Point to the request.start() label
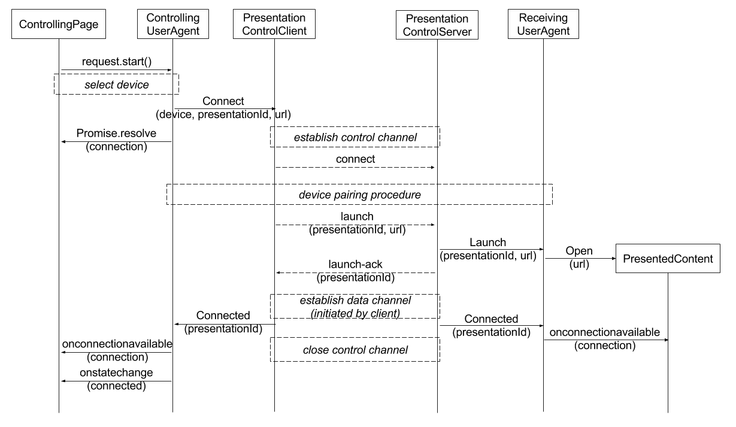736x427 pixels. point(117,62)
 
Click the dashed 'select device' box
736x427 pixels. point(117,74)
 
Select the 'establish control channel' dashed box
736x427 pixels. point(355,127)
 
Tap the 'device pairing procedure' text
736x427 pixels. point(359,195)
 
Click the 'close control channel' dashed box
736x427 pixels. point(355,338)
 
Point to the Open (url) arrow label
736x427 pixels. point(579,257)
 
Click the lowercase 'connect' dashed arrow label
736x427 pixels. point(355,159)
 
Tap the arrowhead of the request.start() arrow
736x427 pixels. point(170,70)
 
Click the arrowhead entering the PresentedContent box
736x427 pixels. point(614,259)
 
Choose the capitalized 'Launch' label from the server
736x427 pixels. point(487,243)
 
